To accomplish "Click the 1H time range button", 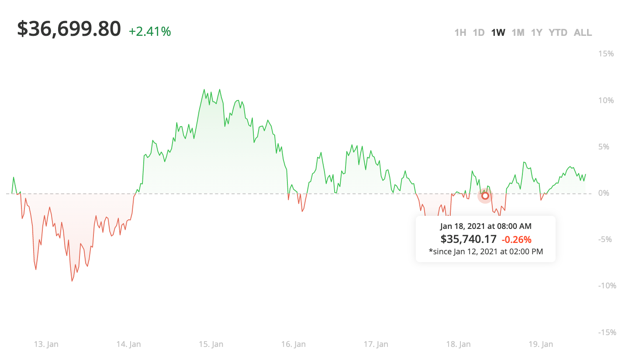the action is [460, 33].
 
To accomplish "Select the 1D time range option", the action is [479, 33].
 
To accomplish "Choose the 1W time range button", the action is [498, 33].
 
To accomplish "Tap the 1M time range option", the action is [518, 33].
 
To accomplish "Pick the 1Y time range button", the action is [536, 33].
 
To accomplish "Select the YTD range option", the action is [558, 33].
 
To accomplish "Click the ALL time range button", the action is [583, 33].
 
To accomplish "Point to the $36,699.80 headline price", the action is [69, 29].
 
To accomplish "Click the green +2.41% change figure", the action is [150, 31].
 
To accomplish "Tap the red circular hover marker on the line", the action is [485, 196].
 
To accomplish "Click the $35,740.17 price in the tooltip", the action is [468, 239].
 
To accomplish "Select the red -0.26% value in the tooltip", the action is [516, 239].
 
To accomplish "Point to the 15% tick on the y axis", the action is [606, 54].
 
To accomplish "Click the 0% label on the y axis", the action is [604, 193].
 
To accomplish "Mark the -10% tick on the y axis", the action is [607, 286].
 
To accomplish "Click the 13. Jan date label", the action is [46, 344].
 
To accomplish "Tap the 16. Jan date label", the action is [294, 344].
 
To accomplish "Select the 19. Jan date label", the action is [541, 344].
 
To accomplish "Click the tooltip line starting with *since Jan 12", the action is [486, 251].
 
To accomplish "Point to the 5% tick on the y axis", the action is [604, 147].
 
